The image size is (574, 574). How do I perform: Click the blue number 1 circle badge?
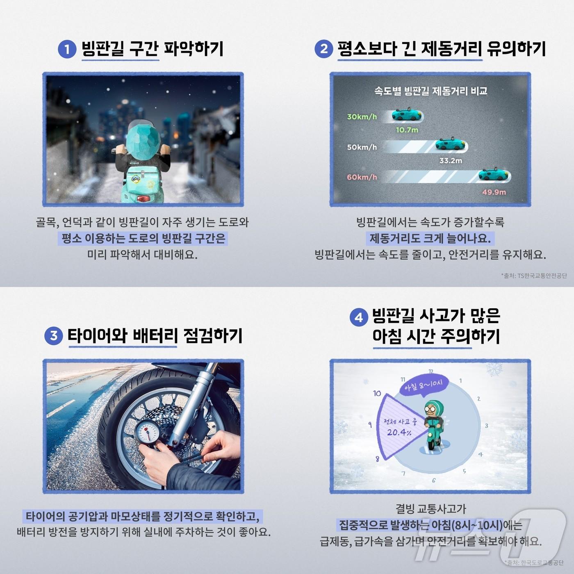(67, 50)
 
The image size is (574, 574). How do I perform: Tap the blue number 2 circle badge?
(323, 49)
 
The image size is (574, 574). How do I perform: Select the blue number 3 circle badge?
(53, 336)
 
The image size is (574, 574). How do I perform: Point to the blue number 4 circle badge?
(358, 317)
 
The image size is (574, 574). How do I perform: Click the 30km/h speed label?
(362, 117)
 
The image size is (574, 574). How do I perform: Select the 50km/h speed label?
(362, 147)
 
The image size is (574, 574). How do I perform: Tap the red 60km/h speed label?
(362, 177)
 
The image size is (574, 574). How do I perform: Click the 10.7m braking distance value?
(407, 130)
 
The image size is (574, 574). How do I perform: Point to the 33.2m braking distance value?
(451, 161)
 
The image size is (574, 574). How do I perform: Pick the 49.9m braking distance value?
(494, 192)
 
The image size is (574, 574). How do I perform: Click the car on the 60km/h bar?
(494, 175)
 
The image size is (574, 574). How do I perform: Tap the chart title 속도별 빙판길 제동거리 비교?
(430, 91)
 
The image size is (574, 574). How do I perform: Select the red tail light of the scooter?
(143, 199)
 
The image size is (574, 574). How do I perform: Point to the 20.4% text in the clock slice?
(399, 432)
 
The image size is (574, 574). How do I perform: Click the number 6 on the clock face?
(433, 480)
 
